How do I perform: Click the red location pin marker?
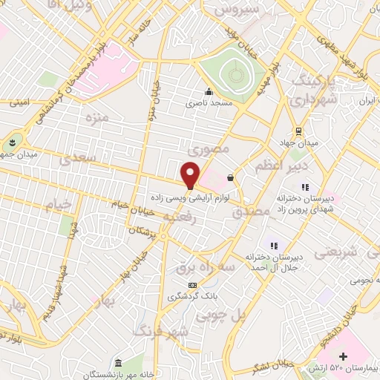191,174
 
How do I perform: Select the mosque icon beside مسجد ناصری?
209,94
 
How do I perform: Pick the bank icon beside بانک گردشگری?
192,286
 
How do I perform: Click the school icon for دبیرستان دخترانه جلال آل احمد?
273,246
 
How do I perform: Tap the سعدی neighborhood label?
77,157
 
